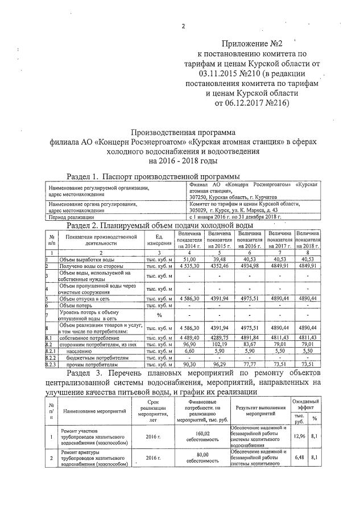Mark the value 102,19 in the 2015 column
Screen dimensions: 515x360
tap(219, 344)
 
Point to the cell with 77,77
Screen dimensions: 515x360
tap(250, 364)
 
